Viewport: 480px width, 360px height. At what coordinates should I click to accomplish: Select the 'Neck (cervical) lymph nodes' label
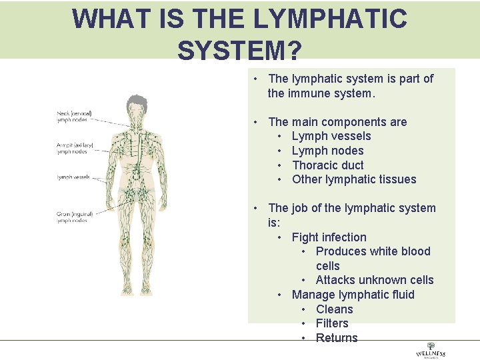click(74, 117)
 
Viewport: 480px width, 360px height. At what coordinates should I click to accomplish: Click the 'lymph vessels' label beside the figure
click(73, 177)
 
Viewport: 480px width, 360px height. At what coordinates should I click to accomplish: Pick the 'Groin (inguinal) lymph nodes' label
click(74, 217)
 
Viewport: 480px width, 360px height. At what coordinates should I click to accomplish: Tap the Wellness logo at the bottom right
click(430, 351)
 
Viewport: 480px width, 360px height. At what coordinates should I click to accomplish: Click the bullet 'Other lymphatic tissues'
click(354, 179)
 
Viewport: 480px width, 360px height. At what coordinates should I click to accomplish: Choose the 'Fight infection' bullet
click(329, 237)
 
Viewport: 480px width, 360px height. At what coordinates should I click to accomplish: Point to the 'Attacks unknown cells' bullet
click(375, 280)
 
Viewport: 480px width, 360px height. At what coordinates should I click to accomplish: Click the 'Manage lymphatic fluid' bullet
click(353, 295)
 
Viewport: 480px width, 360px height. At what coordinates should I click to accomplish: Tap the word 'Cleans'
click(335, 309)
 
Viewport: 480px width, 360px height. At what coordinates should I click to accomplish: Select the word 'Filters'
click(332, 323)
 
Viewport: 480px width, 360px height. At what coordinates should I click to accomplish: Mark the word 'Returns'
click(337, 338)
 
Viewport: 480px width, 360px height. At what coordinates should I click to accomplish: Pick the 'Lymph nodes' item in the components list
click(328, 151)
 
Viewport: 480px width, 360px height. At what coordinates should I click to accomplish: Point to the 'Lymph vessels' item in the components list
click(331, 136)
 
